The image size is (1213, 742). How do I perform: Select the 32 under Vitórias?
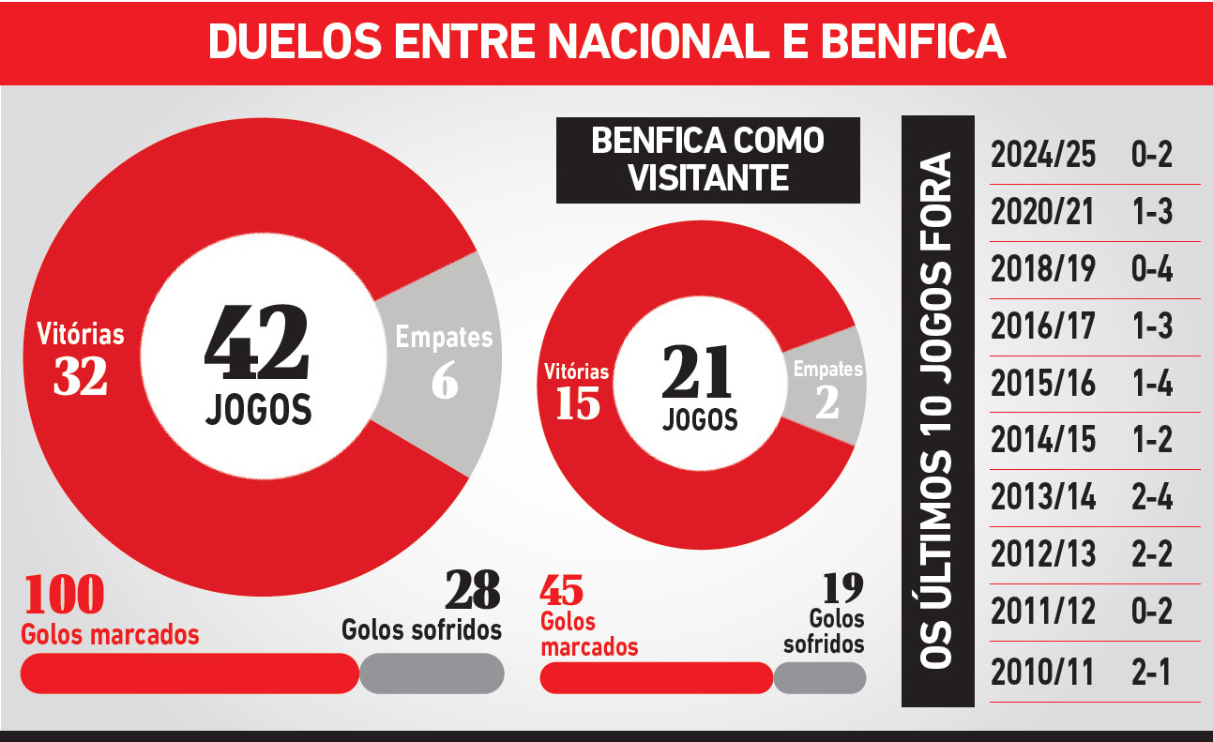pos(80,375)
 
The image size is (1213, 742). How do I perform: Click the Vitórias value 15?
pos(577,403)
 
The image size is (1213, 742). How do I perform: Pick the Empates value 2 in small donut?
pos(826,401)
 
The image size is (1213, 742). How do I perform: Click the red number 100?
pos(63,594)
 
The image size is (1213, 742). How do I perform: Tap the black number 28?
pos(473,590)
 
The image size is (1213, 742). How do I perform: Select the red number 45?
pos(562,591)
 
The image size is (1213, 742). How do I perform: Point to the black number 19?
pos(842,588)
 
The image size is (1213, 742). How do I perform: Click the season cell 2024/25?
pos(1043,155)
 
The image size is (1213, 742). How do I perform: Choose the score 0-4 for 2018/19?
pos(1152,269)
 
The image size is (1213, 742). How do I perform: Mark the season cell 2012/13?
pos(1043,554)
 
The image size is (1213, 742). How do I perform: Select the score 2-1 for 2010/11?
pos(1152,672)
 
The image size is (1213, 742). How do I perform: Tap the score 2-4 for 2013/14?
pos(1152,497)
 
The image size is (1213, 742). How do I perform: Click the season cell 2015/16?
pos(1043,384)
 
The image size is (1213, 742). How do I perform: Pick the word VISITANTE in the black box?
pos(708,177)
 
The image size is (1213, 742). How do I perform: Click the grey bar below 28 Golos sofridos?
pos(432,673)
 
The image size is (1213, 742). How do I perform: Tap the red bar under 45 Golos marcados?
pos(656,677)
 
